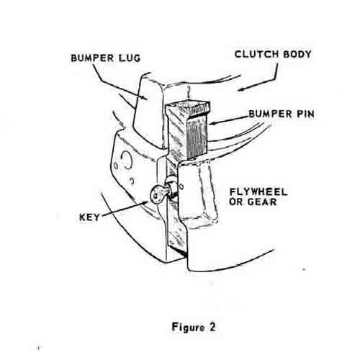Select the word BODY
tap(297, 54)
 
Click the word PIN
tap(305, 114)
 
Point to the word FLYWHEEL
tap(258, 192)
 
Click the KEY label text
tap(89, 217)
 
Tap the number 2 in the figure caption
tap(212, 327)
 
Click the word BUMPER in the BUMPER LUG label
tap(92, 58)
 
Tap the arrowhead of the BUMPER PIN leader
tap(212, 124)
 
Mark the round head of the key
tap(158, 194)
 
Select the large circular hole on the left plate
tap(126, 160)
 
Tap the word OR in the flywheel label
tap(236, 202)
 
